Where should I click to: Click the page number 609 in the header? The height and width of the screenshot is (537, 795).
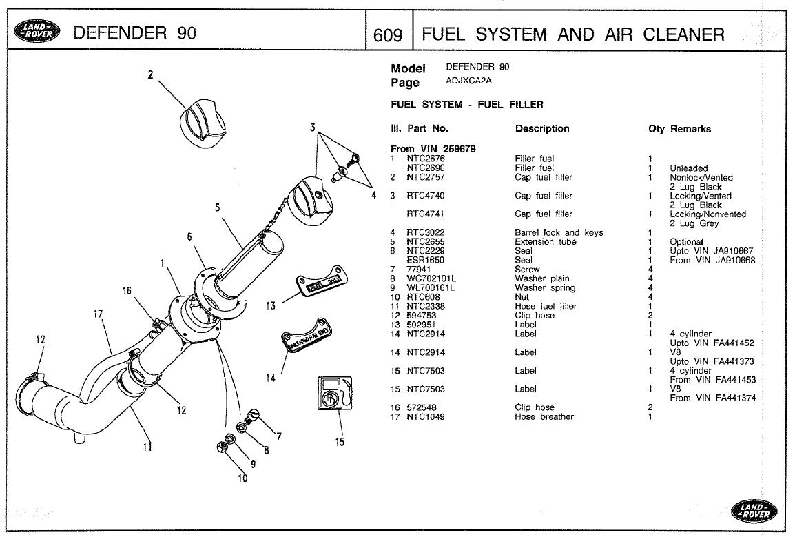[387, 34]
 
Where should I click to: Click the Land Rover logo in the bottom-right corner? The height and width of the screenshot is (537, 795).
[752, 511]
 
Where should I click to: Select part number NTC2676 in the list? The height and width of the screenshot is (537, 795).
[426, 159]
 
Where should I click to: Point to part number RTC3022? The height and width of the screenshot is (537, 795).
[426, 233]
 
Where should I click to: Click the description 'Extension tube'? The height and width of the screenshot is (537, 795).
[546, 242]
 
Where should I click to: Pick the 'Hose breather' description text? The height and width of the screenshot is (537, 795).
[544, 417]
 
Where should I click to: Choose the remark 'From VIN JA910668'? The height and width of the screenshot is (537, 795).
[712, 261]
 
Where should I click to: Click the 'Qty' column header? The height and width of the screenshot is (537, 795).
[656, 129]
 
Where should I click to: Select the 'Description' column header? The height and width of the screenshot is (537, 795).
[542, 129]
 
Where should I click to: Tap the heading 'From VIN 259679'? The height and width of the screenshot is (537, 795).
[433, 149]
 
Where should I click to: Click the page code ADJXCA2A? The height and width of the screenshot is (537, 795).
[473, 81]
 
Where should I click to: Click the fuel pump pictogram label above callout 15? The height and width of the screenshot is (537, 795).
[335, 394]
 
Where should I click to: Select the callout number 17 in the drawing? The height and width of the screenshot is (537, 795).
[98, 314]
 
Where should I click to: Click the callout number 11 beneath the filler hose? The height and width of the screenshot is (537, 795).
[147, 446]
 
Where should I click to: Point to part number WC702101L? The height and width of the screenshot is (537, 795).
[433, 279]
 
